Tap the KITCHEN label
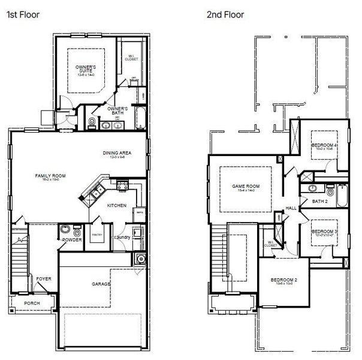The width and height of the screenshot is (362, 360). coord(116,206)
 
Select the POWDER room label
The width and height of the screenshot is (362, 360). coord(72,239)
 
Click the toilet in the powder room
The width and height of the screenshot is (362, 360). coord(77,229)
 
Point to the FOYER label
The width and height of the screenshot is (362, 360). coord(43,278)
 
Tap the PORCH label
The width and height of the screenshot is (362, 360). coord(32,303)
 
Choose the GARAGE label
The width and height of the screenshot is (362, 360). coord(101,284)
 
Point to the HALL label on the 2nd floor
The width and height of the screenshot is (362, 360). coord(291,208)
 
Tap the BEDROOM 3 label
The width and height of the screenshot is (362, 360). coord(324,233)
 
